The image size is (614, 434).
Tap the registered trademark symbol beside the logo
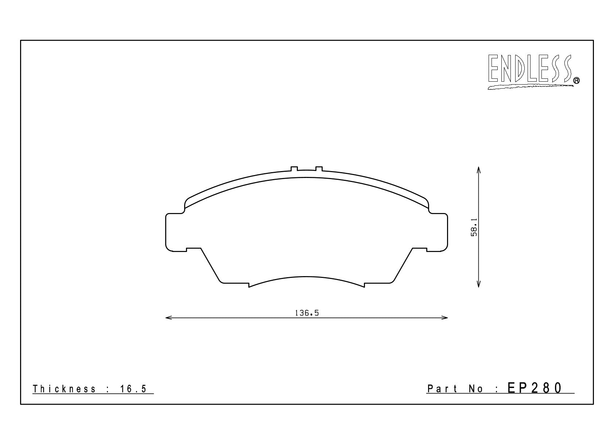click(x=576, y=81)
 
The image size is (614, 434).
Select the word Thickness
click(x=65, y=389)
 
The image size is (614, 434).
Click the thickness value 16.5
click(x=133, y=389)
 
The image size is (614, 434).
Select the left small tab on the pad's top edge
click(x=294, y=168)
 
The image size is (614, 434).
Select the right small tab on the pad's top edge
click(x=319, y=168)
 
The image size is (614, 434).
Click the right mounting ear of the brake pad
click(x=438, y=232)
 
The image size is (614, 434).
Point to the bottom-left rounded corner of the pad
click(x=221, y=281)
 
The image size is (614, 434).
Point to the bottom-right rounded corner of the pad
click(x=392, y=281)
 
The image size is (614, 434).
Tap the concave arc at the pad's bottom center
click(x=306, y=277)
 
